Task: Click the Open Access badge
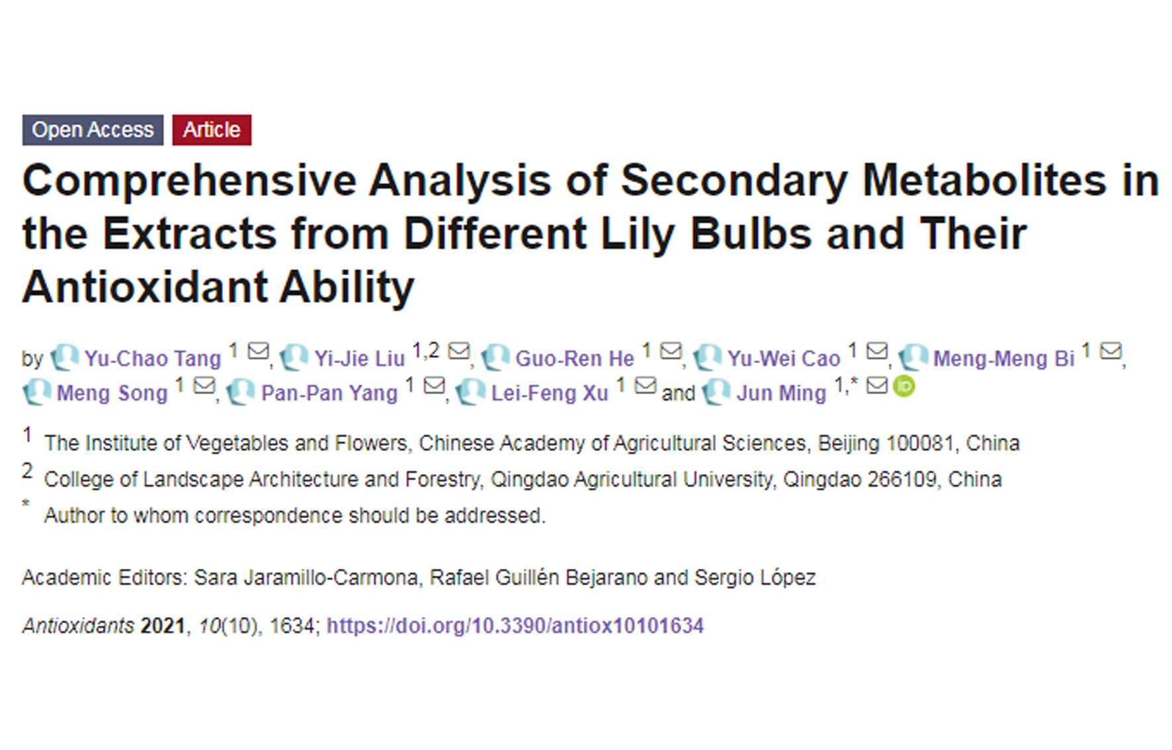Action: (93, 130)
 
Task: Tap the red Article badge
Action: (212, 130)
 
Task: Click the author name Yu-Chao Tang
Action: (152, 358)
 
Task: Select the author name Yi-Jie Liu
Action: (359, 358)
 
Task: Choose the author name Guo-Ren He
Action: (574, 358)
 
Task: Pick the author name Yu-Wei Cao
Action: (784, 358)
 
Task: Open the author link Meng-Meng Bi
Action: (1003, 358)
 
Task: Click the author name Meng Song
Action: (112, 393)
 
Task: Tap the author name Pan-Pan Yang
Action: (329, 393)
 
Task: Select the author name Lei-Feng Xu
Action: (549, 393)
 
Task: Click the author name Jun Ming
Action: (781, 393)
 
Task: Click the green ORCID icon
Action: (903, 386)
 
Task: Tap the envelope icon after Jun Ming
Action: (877, 385)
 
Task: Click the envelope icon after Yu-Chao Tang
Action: (258, 351)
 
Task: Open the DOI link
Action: (515, 626)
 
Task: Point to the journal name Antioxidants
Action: (78, 626)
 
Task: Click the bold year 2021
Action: (163, 626)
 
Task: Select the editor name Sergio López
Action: (755, 578)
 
